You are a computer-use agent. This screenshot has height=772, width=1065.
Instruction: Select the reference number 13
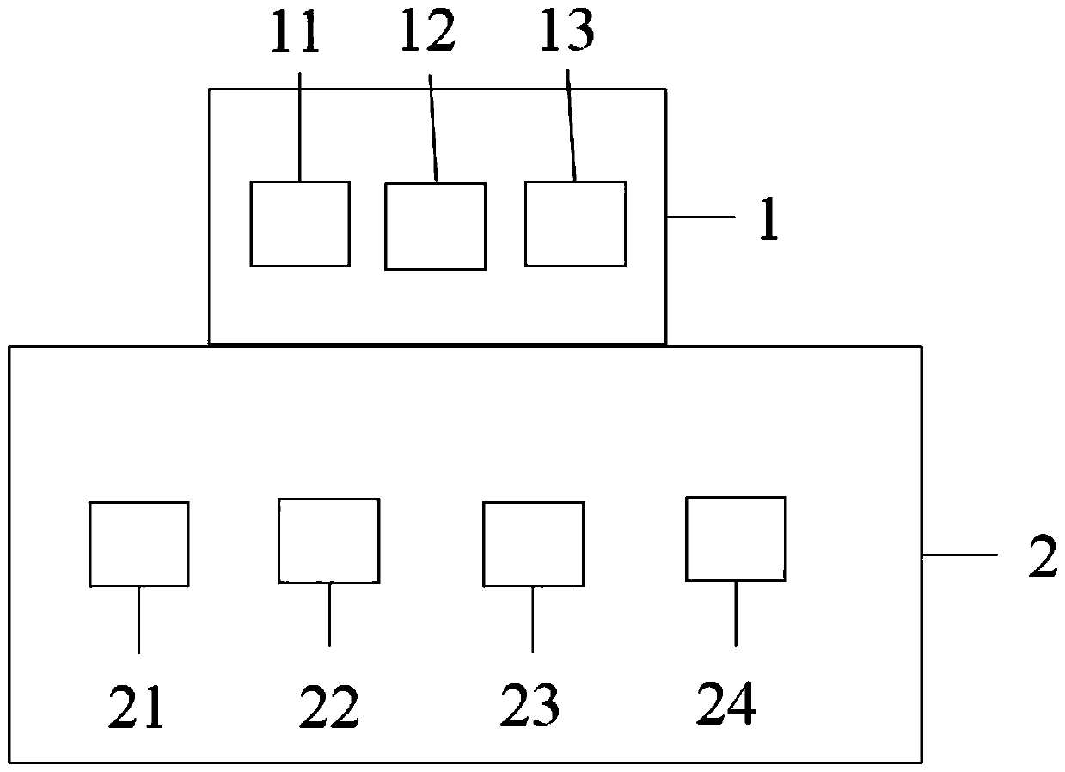568,34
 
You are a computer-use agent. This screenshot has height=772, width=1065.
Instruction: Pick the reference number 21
137,708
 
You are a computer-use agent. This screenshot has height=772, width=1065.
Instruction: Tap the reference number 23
531,707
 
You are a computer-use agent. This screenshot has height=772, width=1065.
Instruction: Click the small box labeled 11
300,224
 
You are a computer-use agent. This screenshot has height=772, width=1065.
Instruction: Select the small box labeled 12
435,226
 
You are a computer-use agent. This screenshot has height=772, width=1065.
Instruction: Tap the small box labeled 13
575,224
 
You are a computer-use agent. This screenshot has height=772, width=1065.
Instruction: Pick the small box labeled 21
139,544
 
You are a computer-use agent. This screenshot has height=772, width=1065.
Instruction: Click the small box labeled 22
328,540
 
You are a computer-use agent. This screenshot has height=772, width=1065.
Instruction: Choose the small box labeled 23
533,544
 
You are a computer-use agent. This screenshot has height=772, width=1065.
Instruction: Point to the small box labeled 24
735,539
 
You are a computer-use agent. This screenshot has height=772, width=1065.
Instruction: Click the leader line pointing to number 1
701,218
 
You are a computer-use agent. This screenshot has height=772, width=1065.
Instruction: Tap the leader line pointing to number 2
959,556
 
